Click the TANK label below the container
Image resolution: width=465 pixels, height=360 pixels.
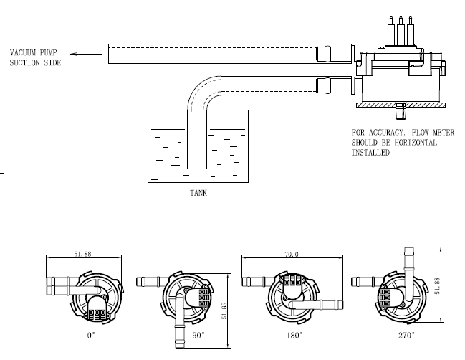coord(198,193)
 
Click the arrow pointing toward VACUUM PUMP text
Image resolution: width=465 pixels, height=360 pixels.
coord(86,54)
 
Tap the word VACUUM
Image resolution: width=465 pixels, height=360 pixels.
coord(23,52)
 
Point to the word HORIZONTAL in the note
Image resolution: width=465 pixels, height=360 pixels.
coord(416,143)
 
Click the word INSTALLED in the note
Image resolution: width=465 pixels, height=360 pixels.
coord(370,153)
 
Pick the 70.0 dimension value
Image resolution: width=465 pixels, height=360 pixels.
coord(292,255)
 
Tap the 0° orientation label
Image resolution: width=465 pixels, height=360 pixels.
coord(91,336)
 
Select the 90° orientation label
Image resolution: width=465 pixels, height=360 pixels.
coord(198,336)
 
